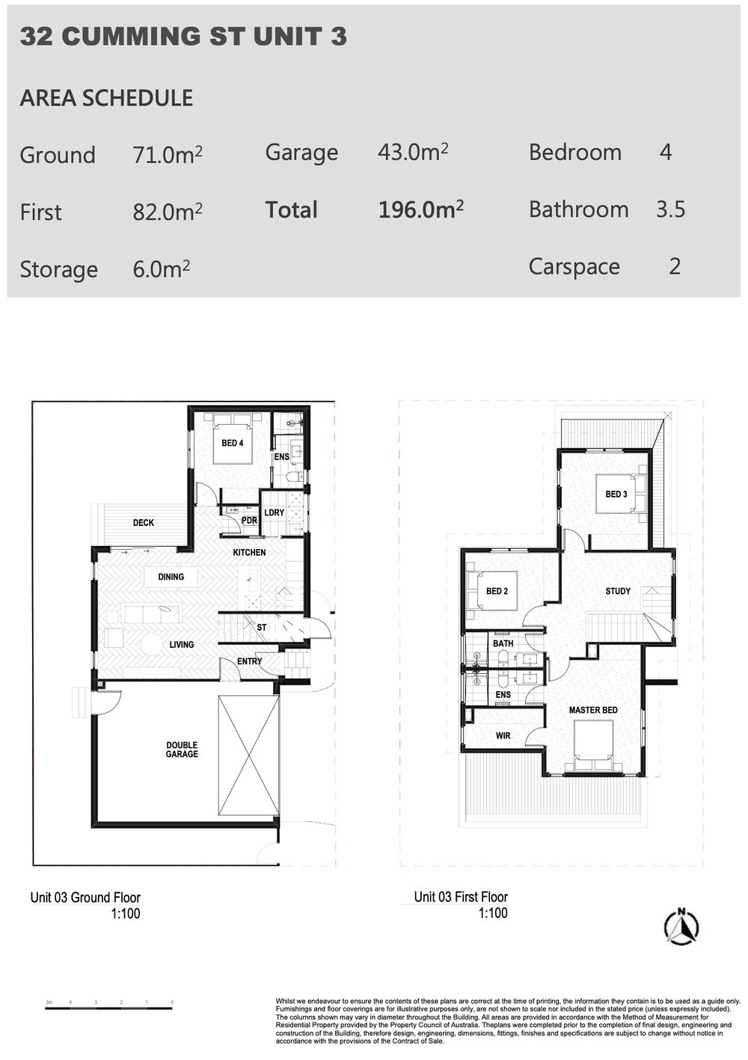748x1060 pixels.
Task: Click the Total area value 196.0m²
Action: point(420,210)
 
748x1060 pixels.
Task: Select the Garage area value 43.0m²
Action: point(412,153)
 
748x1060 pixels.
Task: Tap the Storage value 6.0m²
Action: point(161,269)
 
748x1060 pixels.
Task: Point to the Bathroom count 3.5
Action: point(670,209)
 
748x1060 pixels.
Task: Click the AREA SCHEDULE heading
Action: point(106,98)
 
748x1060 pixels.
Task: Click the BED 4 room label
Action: point(232,443)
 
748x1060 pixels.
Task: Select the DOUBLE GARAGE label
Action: point(182,750)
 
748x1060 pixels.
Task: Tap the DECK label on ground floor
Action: point(144,523)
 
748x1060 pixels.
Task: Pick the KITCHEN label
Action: point(249,552)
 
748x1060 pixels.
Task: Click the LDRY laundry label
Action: point(274,512)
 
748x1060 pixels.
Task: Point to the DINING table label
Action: point(171,577)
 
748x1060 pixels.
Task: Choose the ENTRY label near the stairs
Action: point(249,661)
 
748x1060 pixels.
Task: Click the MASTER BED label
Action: point(593,710)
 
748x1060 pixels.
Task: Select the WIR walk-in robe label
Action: point(503,736)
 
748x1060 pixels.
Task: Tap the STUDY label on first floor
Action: point(618,591)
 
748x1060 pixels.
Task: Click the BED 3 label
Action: point(616,494)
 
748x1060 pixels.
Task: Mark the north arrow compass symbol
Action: point(681,927)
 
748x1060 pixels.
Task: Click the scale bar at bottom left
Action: point(109,1008)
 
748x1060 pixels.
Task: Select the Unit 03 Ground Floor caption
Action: point(85,898)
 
